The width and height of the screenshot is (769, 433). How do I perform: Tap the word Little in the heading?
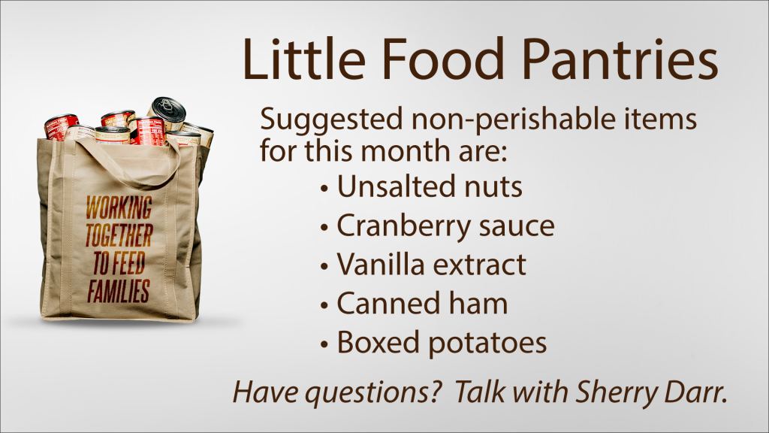point(305,59)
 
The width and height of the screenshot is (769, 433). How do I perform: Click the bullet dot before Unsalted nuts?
point(324,189)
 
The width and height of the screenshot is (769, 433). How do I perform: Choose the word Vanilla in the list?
point(381,264)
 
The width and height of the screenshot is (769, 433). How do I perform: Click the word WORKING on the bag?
point(119,207)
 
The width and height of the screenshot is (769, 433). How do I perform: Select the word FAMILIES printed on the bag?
point(118,290)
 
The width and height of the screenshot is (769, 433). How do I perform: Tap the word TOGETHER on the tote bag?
point(119,235)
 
